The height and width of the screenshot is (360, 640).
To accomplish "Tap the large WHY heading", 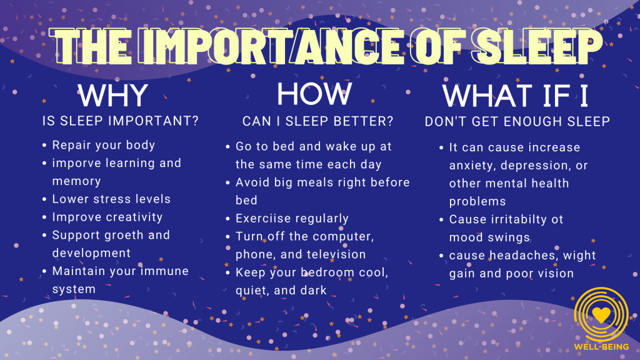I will coord(112,96).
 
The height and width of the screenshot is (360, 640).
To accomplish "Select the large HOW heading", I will coord(314,94).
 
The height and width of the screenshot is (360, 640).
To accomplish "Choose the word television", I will coord(334,254).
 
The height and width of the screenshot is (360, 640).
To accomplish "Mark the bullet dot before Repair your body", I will coord(44,146).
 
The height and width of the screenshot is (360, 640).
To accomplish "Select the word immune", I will coord(166,271).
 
